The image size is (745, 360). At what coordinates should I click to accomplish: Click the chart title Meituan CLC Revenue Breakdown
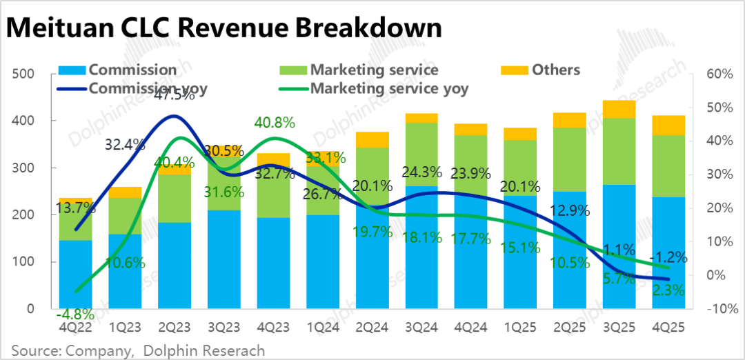coord(223,28)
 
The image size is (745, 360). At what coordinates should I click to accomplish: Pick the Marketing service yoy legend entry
coord(389,88)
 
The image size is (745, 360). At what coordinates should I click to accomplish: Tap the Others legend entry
coord(555,70)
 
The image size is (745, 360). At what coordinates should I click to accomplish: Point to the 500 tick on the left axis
coord(24,74)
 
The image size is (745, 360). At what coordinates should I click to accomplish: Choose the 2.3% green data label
coord(668,290)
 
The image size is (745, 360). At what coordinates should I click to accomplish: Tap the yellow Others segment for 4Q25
coord(668,125)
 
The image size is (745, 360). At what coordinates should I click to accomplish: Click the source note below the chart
coord(138,350)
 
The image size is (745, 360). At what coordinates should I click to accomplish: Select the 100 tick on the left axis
coord(24,262)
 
